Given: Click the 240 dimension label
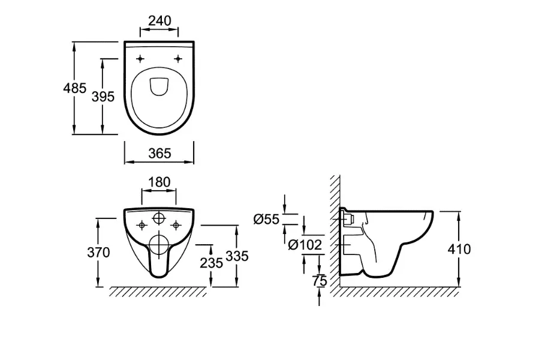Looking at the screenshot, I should click(159, 20).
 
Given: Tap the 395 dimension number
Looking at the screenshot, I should click(103, 96).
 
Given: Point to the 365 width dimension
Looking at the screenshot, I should click(159, 153).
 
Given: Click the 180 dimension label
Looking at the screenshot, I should click(159, 182).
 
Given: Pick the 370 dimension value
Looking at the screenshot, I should click(98, 253).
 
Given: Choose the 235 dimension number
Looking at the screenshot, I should click(212, 262).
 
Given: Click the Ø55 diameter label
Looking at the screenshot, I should click(266, 220).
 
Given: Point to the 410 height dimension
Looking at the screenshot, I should click(459, 248).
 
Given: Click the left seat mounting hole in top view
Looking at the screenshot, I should click(141, 59).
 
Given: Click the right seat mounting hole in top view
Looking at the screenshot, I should click(179, 59).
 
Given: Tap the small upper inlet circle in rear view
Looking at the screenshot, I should click(159, 218).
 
